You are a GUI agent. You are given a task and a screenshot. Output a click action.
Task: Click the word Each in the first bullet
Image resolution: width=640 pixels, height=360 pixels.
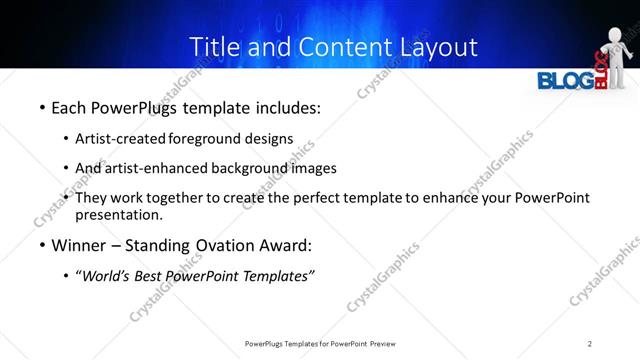[x=69, y=108]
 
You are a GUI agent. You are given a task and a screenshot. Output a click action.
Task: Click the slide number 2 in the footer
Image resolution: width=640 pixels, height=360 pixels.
[x=591, y=343]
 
